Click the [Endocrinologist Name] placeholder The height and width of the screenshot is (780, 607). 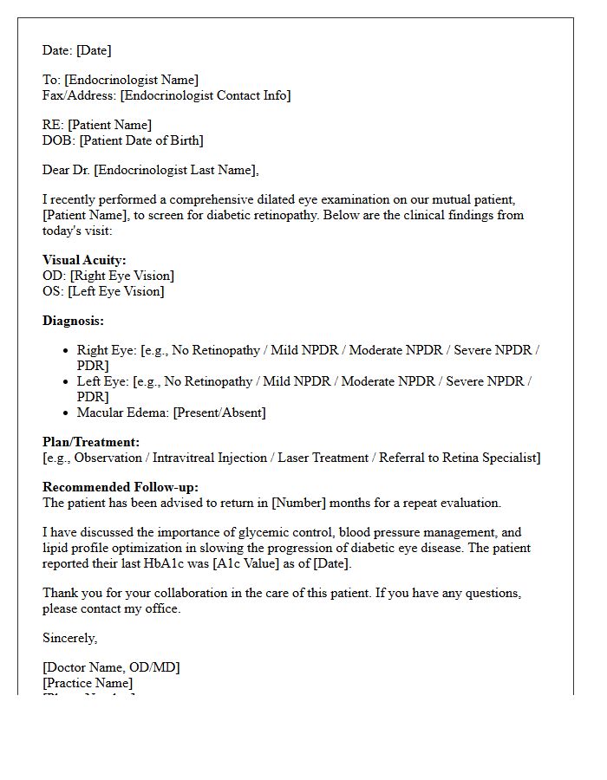[x=131, y=81]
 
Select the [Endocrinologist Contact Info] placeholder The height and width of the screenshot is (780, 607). [x=205, y=96]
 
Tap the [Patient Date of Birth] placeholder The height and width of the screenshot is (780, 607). [x=136, y=140]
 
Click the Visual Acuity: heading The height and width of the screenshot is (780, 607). [x=84, y=260]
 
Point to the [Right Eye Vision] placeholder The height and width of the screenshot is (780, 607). [x=122, y=276]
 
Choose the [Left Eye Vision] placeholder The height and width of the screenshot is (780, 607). [x=116, y=291]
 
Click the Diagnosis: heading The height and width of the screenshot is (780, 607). [x=73, y=321]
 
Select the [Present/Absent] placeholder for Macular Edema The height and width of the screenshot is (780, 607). [x=219, y=413]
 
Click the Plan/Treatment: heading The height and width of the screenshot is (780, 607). [x=91, y=442]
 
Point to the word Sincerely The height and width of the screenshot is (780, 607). [x=69, y=638]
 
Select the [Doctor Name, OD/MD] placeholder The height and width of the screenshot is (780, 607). [x=111, y=667]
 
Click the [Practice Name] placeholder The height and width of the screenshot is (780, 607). [x=88, y=683]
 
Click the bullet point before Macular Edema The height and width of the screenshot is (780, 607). [x=66, y=413]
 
